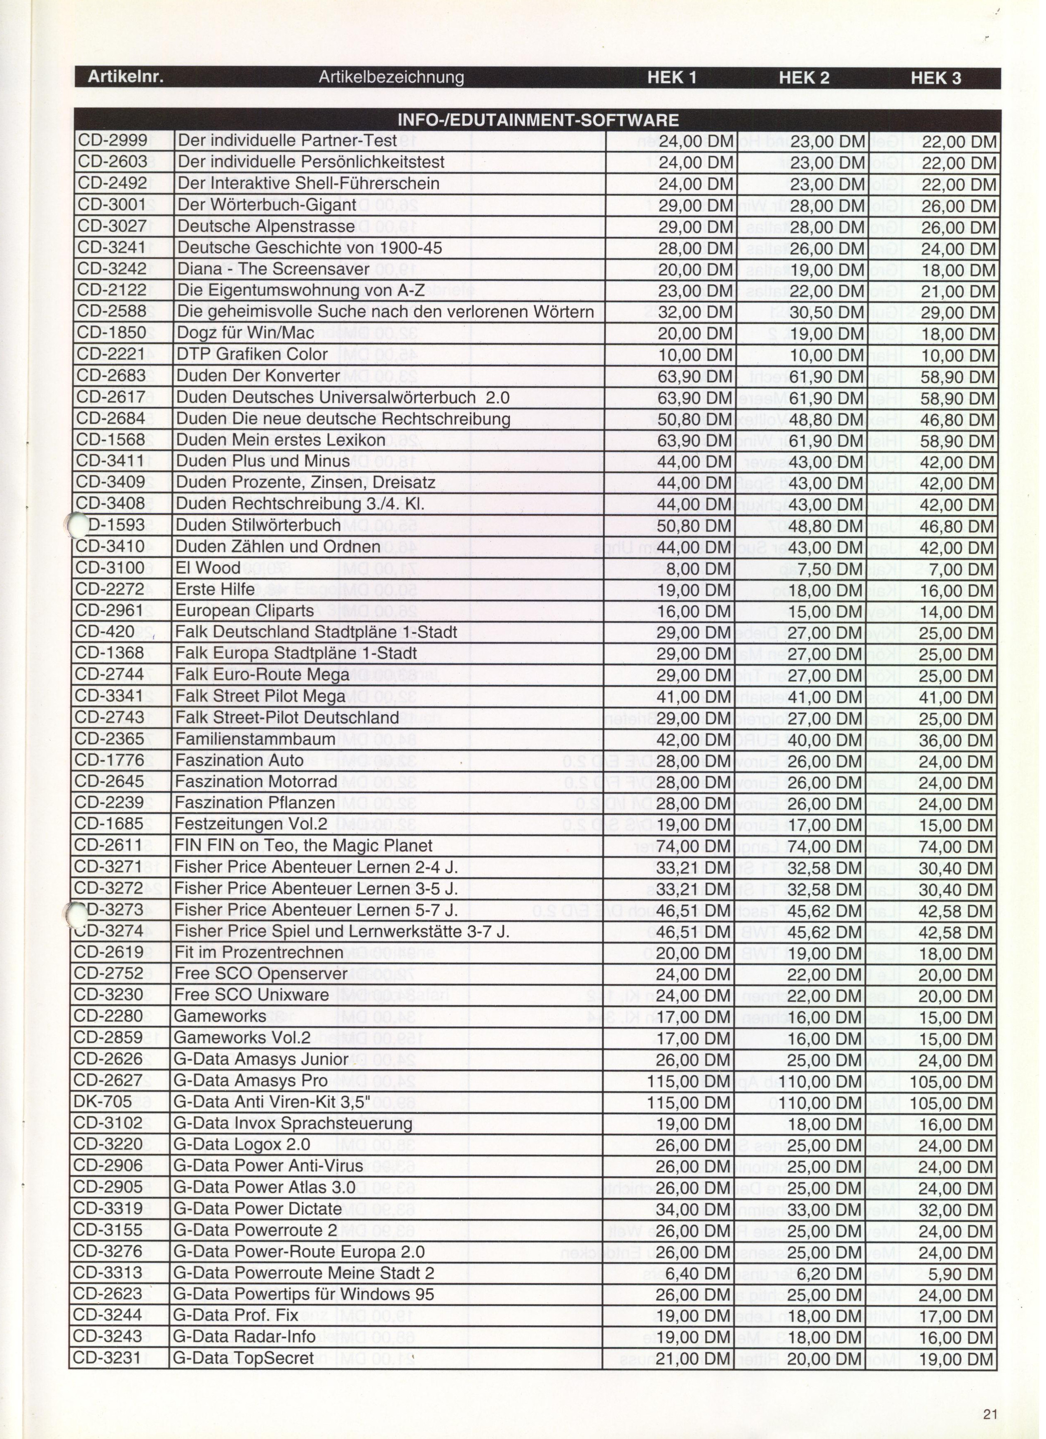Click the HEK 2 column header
(x=804, y=78)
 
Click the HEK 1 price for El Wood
(x=694, y=569)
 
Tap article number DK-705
(x=103, y=1102)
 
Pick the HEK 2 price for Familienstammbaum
(x=826, y=740)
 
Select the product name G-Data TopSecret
(x=243, y=1358)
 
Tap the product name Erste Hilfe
(x=215, y=589)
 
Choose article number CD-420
(x=105, y=632)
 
